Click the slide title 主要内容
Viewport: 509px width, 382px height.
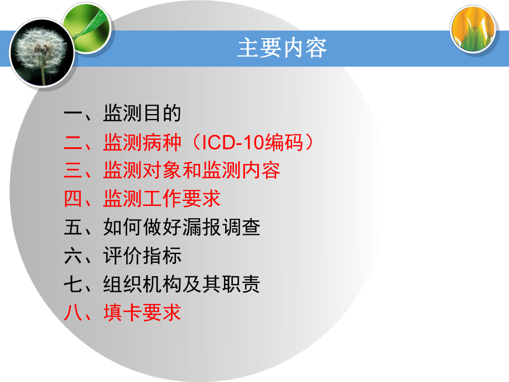[x=282, y=48]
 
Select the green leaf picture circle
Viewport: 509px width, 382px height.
[x=87, y=28]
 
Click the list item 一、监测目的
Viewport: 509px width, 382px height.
[x=122, y=114]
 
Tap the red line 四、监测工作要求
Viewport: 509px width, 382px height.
[x=142, y=199]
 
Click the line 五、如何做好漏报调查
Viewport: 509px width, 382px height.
[x=162, y=228]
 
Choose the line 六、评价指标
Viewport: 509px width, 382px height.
[x=122, y=256]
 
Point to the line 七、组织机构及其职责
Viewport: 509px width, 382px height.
[x=162, y=285]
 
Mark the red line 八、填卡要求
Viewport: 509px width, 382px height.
[x=122, y=313]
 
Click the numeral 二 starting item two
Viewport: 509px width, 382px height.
[x=73, y=143]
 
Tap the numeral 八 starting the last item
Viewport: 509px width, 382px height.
[x=73, y=313]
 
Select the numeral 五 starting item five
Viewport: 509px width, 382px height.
[x=73, y=228]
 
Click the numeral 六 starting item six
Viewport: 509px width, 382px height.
[x=73, y=256]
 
